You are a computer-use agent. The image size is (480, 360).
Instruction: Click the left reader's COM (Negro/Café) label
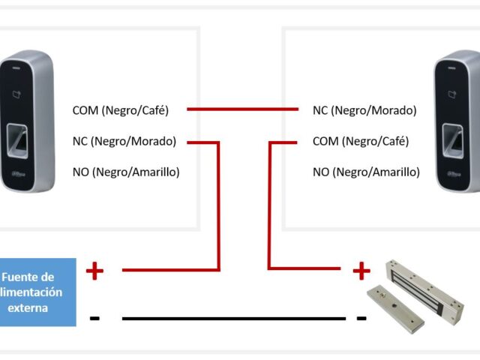(x=121, y=110)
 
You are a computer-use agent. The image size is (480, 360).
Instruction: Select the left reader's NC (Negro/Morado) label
(x=124, y=141)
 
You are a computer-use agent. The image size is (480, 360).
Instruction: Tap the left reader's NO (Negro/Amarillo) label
(x=125, y=172)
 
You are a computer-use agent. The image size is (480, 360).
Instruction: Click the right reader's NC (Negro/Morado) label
(x=364, y=110)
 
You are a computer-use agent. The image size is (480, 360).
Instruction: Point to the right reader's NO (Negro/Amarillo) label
(x=366, y=172)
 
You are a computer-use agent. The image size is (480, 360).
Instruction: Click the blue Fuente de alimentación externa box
(x=37, y=292)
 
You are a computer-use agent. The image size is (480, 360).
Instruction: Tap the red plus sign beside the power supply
(x=94, y=270)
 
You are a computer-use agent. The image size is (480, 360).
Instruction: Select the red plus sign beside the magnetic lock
(x=361, y=270)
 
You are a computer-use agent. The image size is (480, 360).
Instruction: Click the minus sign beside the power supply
(x=94, y=318)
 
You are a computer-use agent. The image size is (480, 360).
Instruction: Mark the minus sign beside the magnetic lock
(x=361, y=318)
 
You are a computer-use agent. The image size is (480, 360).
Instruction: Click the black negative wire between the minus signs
(x=232, y=318)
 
